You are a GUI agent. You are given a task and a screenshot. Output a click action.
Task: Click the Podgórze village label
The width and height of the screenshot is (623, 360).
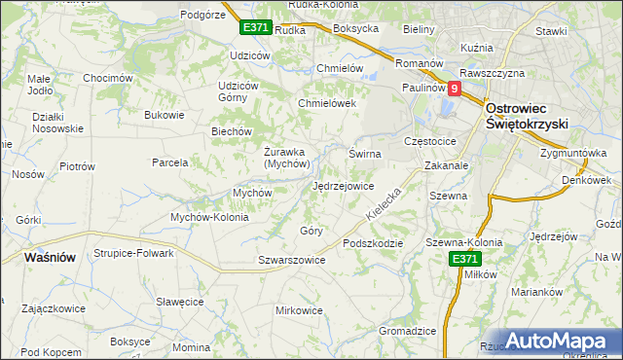(x=203, y=15)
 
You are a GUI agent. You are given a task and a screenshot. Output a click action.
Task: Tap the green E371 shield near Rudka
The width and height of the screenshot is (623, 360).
(x=256, y=28)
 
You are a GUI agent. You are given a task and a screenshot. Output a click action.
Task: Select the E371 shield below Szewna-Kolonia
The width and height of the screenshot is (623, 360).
(x=465, y=259)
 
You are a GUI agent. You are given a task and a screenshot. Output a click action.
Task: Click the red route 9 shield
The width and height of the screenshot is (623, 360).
(x=454, y=88)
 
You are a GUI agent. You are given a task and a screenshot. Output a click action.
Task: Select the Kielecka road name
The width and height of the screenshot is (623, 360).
(x=384, y=201)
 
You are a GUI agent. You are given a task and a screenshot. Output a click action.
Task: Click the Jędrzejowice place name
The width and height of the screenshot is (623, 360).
(x=343, y=186)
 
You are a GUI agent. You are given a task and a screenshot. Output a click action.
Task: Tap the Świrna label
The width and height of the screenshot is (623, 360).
(x=365, y=154)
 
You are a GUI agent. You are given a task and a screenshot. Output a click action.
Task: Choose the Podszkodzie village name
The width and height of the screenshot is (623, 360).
(x=371, y=243)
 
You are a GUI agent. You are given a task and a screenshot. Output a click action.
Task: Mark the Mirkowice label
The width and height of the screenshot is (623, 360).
(x=299, y=310)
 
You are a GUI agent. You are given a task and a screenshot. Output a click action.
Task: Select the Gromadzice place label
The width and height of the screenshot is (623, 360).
(x=406, y=331)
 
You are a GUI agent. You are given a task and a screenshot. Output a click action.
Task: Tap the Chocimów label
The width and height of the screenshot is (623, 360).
(x=107, y=78)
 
